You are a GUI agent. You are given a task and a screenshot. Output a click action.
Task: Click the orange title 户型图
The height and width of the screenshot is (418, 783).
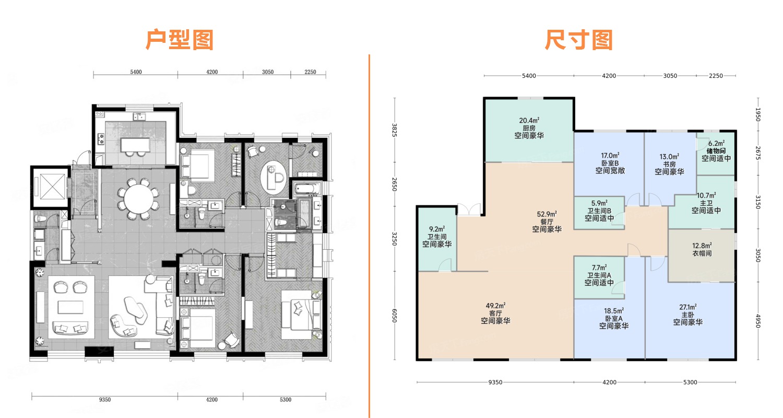[180, 40]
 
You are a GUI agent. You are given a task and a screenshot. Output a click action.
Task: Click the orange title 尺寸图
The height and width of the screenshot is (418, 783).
[578, 40]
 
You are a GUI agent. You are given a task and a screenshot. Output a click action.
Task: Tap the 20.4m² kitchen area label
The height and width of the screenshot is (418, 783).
[529, 128]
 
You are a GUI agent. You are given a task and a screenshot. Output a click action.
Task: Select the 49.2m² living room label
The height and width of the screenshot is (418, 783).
[495, 313]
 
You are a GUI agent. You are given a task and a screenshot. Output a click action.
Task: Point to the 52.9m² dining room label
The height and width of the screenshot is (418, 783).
[547, 222]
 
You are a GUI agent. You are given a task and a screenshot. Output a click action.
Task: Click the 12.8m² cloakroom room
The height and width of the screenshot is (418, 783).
[701, 256]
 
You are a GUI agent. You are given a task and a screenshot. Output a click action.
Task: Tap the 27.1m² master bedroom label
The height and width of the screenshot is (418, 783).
[687, 315]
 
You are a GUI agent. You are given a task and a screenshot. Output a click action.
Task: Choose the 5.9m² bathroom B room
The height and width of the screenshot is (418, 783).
[599, 213]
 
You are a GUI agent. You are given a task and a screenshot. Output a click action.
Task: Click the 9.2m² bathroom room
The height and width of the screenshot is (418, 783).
[437, 239]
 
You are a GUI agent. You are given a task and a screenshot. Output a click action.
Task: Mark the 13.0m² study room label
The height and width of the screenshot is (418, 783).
[669, 164]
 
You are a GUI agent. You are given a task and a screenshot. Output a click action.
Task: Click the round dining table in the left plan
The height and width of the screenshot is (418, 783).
[139, 199]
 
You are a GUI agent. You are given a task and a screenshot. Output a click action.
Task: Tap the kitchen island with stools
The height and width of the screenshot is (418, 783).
[135, 146]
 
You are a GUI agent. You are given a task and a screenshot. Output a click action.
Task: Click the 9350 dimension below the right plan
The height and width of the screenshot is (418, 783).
[495, 382]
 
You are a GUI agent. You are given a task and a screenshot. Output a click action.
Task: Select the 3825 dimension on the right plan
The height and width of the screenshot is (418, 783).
[395, 130]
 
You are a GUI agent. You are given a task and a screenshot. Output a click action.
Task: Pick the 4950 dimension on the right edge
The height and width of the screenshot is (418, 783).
[758, 321]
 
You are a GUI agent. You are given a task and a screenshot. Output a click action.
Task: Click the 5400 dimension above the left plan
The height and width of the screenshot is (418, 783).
[136, 72]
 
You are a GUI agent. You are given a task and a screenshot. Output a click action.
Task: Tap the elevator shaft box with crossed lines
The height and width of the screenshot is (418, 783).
[50, 187]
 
